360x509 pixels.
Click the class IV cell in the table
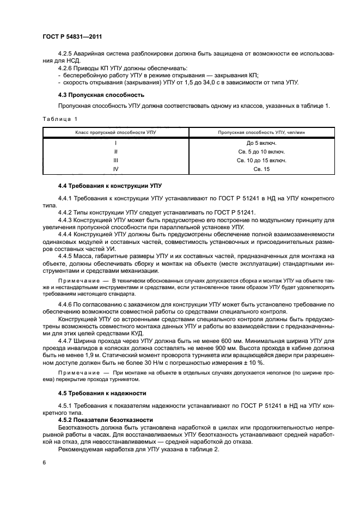pos(116,169)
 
